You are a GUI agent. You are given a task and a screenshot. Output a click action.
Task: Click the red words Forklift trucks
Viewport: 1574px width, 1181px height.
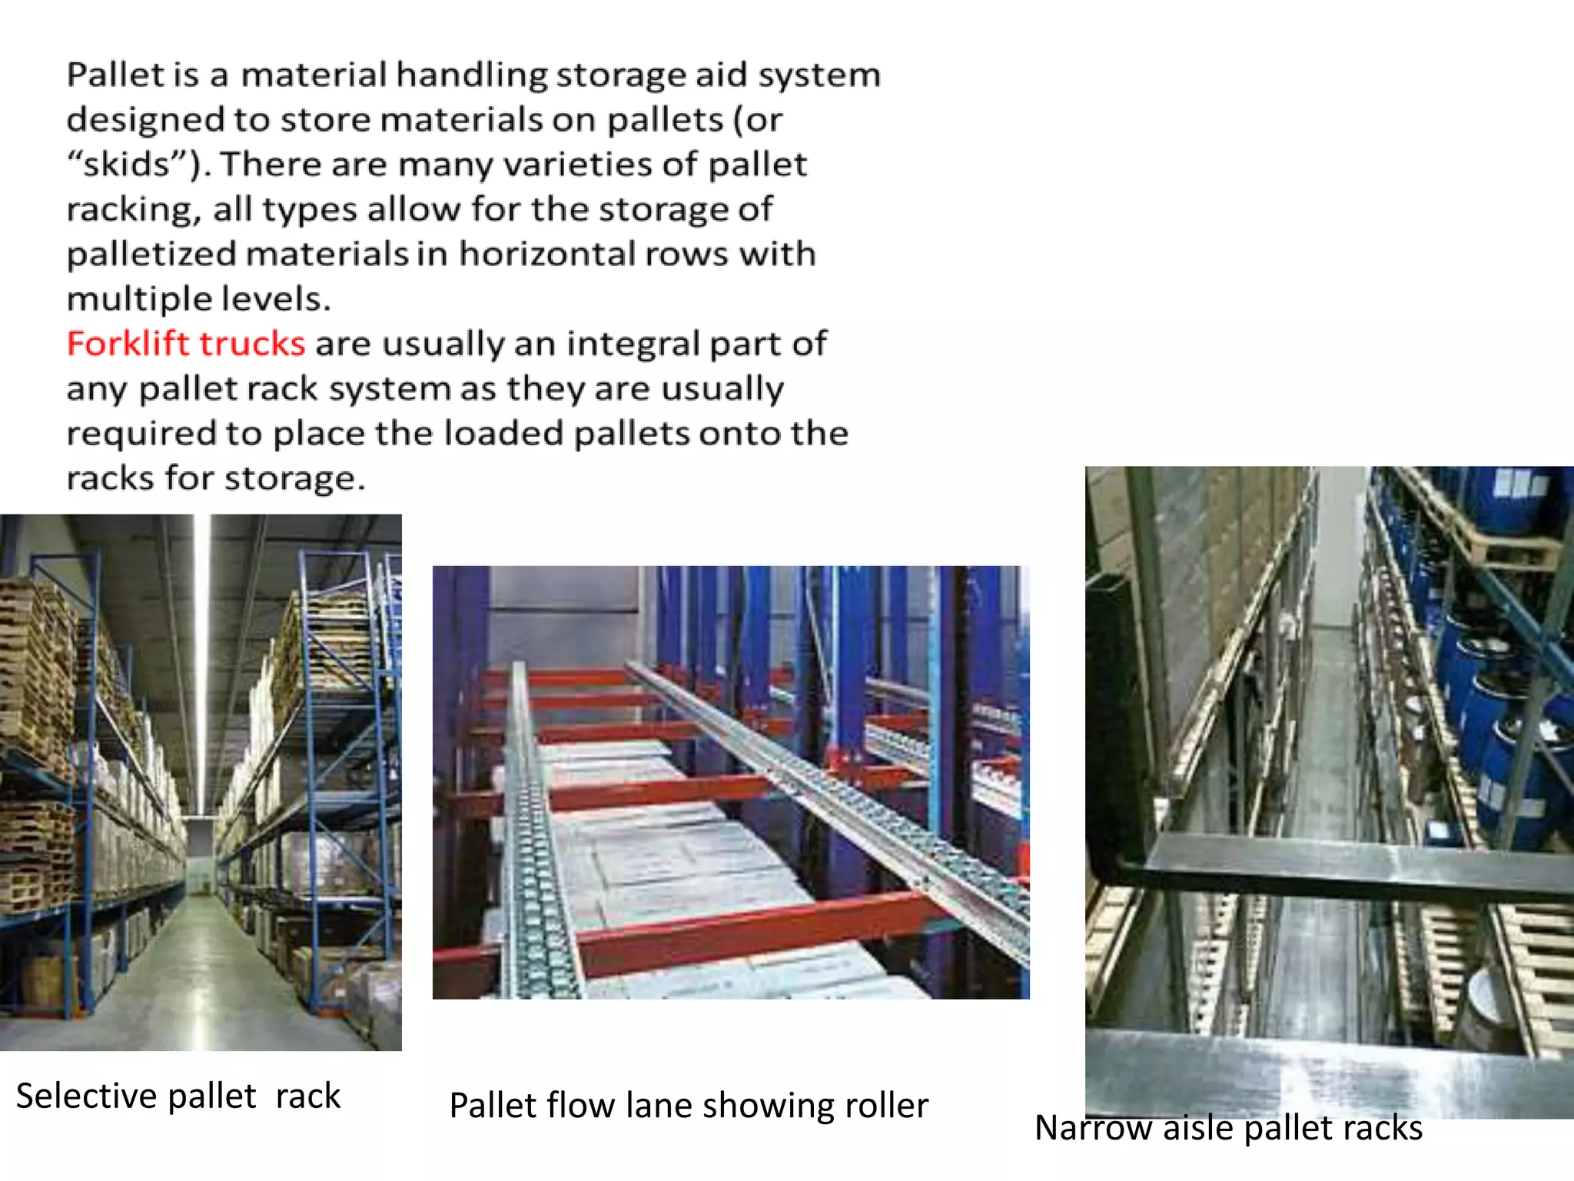tap(186, 344)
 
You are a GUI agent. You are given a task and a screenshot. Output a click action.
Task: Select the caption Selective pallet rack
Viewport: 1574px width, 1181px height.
tap(178, 1096)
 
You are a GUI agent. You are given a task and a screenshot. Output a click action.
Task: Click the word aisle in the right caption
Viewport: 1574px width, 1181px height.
tap(1200, 1128)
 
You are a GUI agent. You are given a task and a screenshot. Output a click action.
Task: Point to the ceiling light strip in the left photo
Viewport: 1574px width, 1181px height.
tap(202, 654)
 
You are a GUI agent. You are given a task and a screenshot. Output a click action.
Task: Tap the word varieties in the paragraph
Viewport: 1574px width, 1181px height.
tap(583, 165)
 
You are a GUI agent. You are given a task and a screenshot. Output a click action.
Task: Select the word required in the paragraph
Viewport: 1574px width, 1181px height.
tap(141, 434)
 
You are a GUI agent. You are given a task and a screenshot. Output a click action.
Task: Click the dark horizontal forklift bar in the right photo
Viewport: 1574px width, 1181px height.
tap(1353, 865)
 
